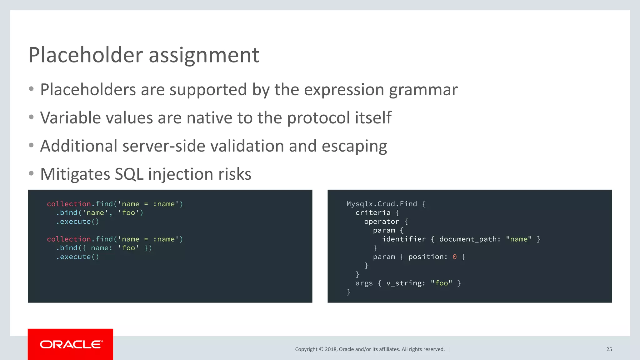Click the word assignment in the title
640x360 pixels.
[x=204, y=55]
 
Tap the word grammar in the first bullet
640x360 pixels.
[x=423, y=90]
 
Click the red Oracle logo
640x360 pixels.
[x=71, y=344]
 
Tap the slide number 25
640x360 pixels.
[x=609, y=349]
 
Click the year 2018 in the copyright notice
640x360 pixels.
[x=331, y=349]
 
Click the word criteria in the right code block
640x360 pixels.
[x=373, y=213]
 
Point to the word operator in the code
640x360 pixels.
[x=382, y=222]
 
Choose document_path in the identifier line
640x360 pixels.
[x=468, y=239]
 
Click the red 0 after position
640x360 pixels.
[x=455, y=257]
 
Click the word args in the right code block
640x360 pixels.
[x=364, y=283]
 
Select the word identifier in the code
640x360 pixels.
[x=404, y=239]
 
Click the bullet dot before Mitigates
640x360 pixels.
[x=31, y=173]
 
